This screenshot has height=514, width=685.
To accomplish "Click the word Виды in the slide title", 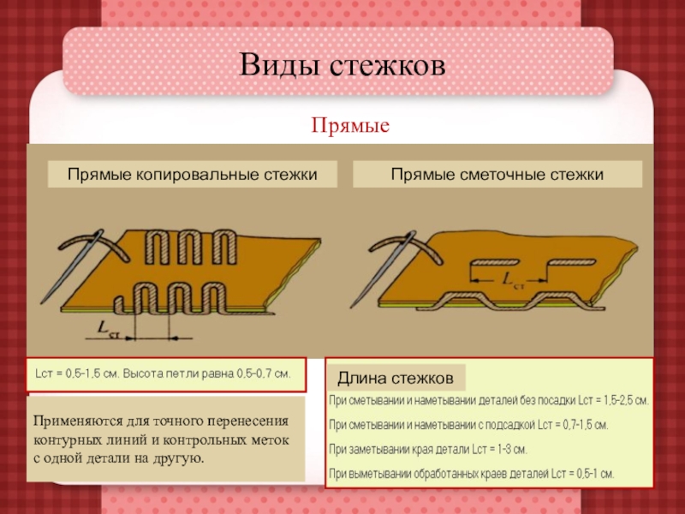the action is pyautogui.click(x=279, y=65).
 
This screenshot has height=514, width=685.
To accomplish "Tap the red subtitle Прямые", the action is pyautogui.click(x=350, y=126).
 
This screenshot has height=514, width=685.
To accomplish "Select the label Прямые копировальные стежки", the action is pyautogui.click(x=192, y=175).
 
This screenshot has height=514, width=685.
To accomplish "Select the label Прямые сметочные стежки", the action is pyautogui.click(x=497, y=175).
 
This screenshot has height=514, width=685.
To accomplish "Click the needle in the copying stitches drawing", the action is pyautogui.click(x=72, y=266).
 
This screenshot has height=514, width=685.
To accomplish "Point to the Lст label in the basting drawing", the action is pyautogui.click(x=513, y=280).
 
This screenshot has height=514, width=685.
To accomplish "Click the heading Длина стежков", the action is pyautogui.click(x=396, y=378).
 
